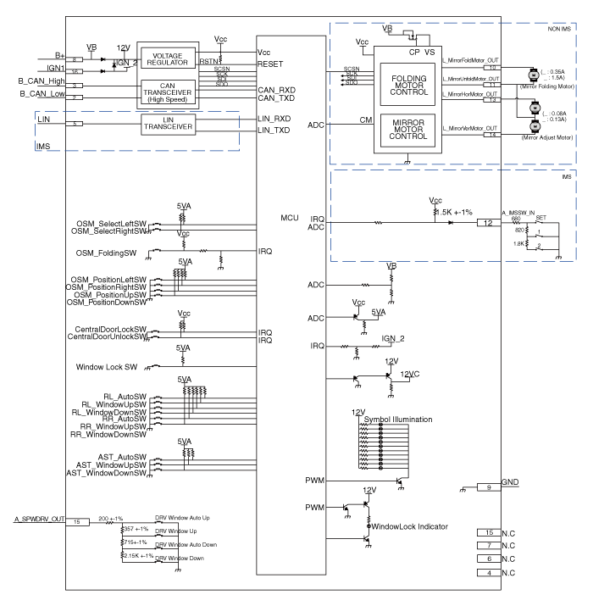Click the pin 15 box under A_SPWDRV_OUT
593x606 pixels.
pyautogui.click(x=77, y=521)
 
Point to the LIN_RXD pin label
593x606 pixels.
pyautogui.click(x=274, y=118)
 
